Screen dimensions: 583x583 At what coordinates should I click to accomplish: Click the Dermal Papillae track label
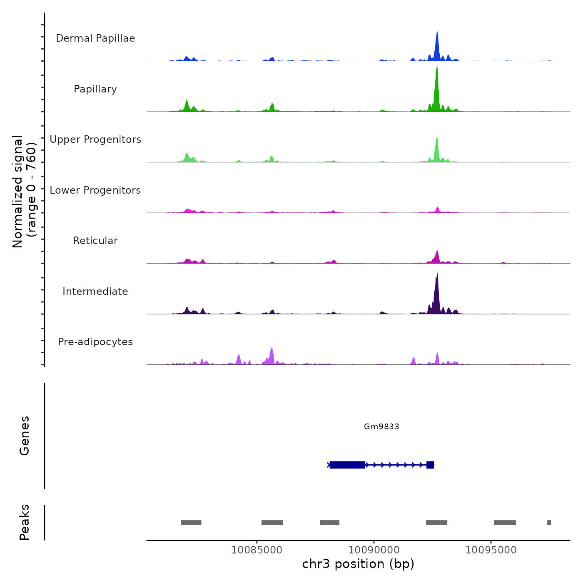[x=95, y=38]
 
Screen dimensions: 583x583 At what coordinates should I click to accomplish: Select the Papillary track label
[x=95, y=89]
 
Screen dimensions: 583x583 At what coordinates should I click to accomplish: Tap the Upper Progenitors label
[x=95, y=140]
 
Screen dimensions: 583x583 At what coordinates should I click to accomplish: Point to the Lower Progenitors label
[x=95, y=190]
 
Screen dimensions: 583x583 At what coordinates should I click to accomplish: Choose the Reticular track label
[x=95, y=241]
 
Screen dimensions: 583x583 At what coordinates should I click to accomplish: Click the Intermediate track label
[x=95, y=291]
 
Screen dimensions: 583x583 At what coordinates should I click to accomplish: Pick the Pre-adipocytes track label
[x=95, y=342]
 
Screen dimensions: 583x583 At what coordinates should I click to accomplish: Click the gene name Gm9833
[x=381, y=426]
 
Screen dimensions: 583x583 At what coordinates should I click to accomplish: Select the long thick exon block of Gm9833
[x=347, y=465]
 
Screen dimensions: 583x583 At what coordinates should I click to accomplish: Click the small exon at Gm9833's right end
[x=430, y=465]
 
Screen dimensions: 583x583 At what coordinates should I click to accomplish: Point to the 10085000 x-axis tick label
[x=257, y=550]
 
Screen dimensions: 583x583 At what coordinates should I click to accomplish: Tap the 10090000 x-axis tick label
[x=374, y=550]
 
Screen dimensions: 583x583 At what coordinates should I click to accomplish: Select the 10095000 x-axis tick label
[x=491, y=550]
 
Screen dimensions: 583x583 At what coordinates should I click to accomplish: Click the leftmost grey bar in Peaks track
[x=191, y=523]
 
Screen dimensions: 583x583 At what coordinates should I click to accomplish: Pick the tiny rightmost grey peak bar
[x=549, y=523]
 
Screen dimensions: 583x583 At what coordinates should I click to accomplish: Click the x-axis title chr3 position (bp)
[x=358, y=564]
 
